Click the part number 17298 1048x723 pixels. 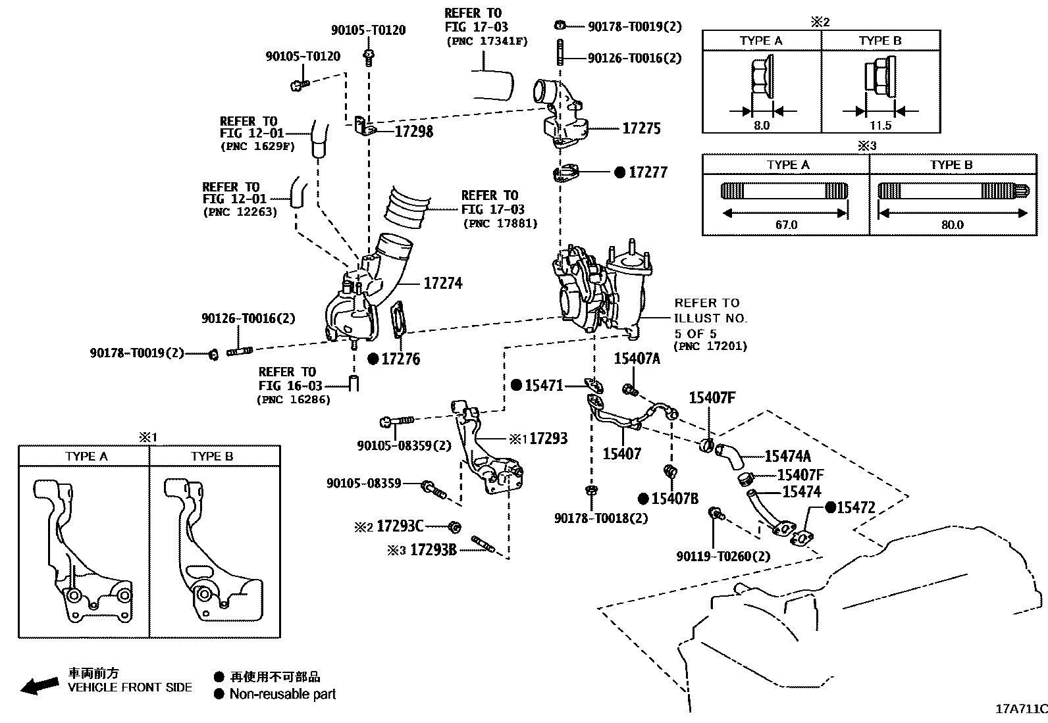click(x=414, y=132)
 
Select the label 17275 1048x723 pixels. click(x=641, y=128)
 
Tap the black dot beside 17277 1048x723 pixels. click(x=619, y=172)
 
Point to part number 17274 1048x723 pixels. click(x=442, y=284)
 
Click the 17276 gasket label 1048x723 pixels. click(x=401, y=359)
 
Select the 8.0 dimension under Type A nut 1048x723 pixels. click(x=761, y=125)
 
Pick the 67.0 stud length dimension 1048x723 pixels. click(x=786, y=224)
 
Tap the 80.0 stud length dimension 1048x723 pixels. click(x=952, y=224)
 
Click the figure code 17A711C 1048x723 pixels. click(x=1020, y=709)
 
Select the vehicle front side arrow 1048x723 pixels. click(x=39, y=686)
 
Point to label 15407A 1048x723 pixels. click(x=637, y=359)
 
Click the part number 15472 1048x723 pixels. click(x=856, y=508)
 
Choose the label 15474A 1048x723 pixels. click(x=787, y=456)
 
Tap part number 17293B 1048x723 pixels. click(x=432, y=550)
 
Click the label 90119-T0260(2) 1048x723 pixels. click(x=723, y=557)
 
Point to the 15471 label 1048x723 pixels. click(x=544, y=386)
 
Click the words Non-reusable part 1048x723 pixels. click(x=282, y=694)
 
